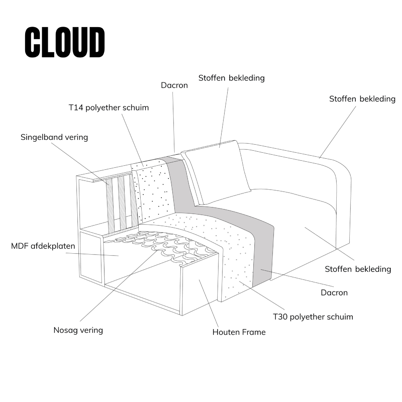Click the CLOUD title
pyautogui.click(x=65, y=42)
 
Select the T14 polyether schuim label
pyautogui.click(x=109, y=108)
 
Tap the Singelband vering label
pyautogui.click(x=54, y=137)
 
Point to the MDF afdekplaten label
pyautogui.click(x=43, y=247)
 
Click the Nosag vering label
pyautogui.click(x=78, y=330)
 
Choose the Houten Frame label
pyautogui.click(x=239, y=332)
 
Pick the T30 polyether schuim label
pyautogui.click(x=313, y=317)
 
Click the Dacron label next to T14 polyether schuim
pyautogui.click(x=174, y=85)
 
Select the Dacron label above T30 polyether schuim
pyautogui.click(x=334, y=293)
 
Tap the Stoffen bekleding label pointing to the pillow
pyautogui.click(x=231, y=78)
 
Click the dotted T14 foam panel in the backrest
pyautogui.click(x=152, y=191)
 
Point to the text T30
pyautogui.click(x=280, y=317)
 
